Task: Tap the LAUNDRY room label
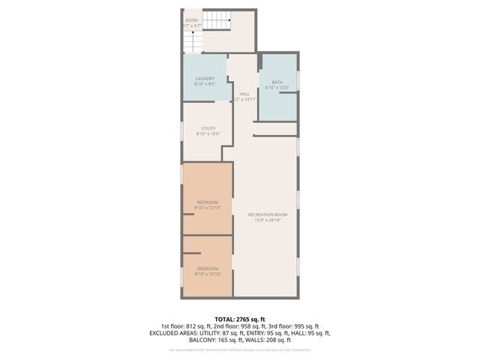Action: (205, 79)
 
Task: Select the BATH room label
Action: (277, 82)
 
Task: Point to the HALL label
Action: (244, 94)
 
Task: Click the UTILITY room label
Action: (208, 128)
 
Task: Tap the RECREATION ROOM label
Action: (268, 214)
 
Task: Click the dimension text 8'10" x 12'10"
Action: (208, 208)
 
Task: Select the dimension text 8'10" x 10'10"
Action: (208, 274)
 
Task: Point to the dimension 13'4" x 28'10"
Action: (268, 220)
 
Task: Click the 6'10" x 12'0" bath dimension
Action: (277, 88)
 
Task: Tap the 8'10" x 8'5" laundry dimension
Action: (205, 85)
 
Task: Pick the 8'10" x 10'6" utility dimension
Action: (208, 134)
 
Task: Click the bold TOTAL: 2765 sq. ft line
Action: (239, 319)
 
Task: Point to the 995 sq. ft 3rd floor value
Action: (305, 326)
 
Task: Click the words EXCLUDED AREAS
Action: (174, 333)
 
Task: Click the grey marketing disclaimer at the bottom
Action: (239, 349)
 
